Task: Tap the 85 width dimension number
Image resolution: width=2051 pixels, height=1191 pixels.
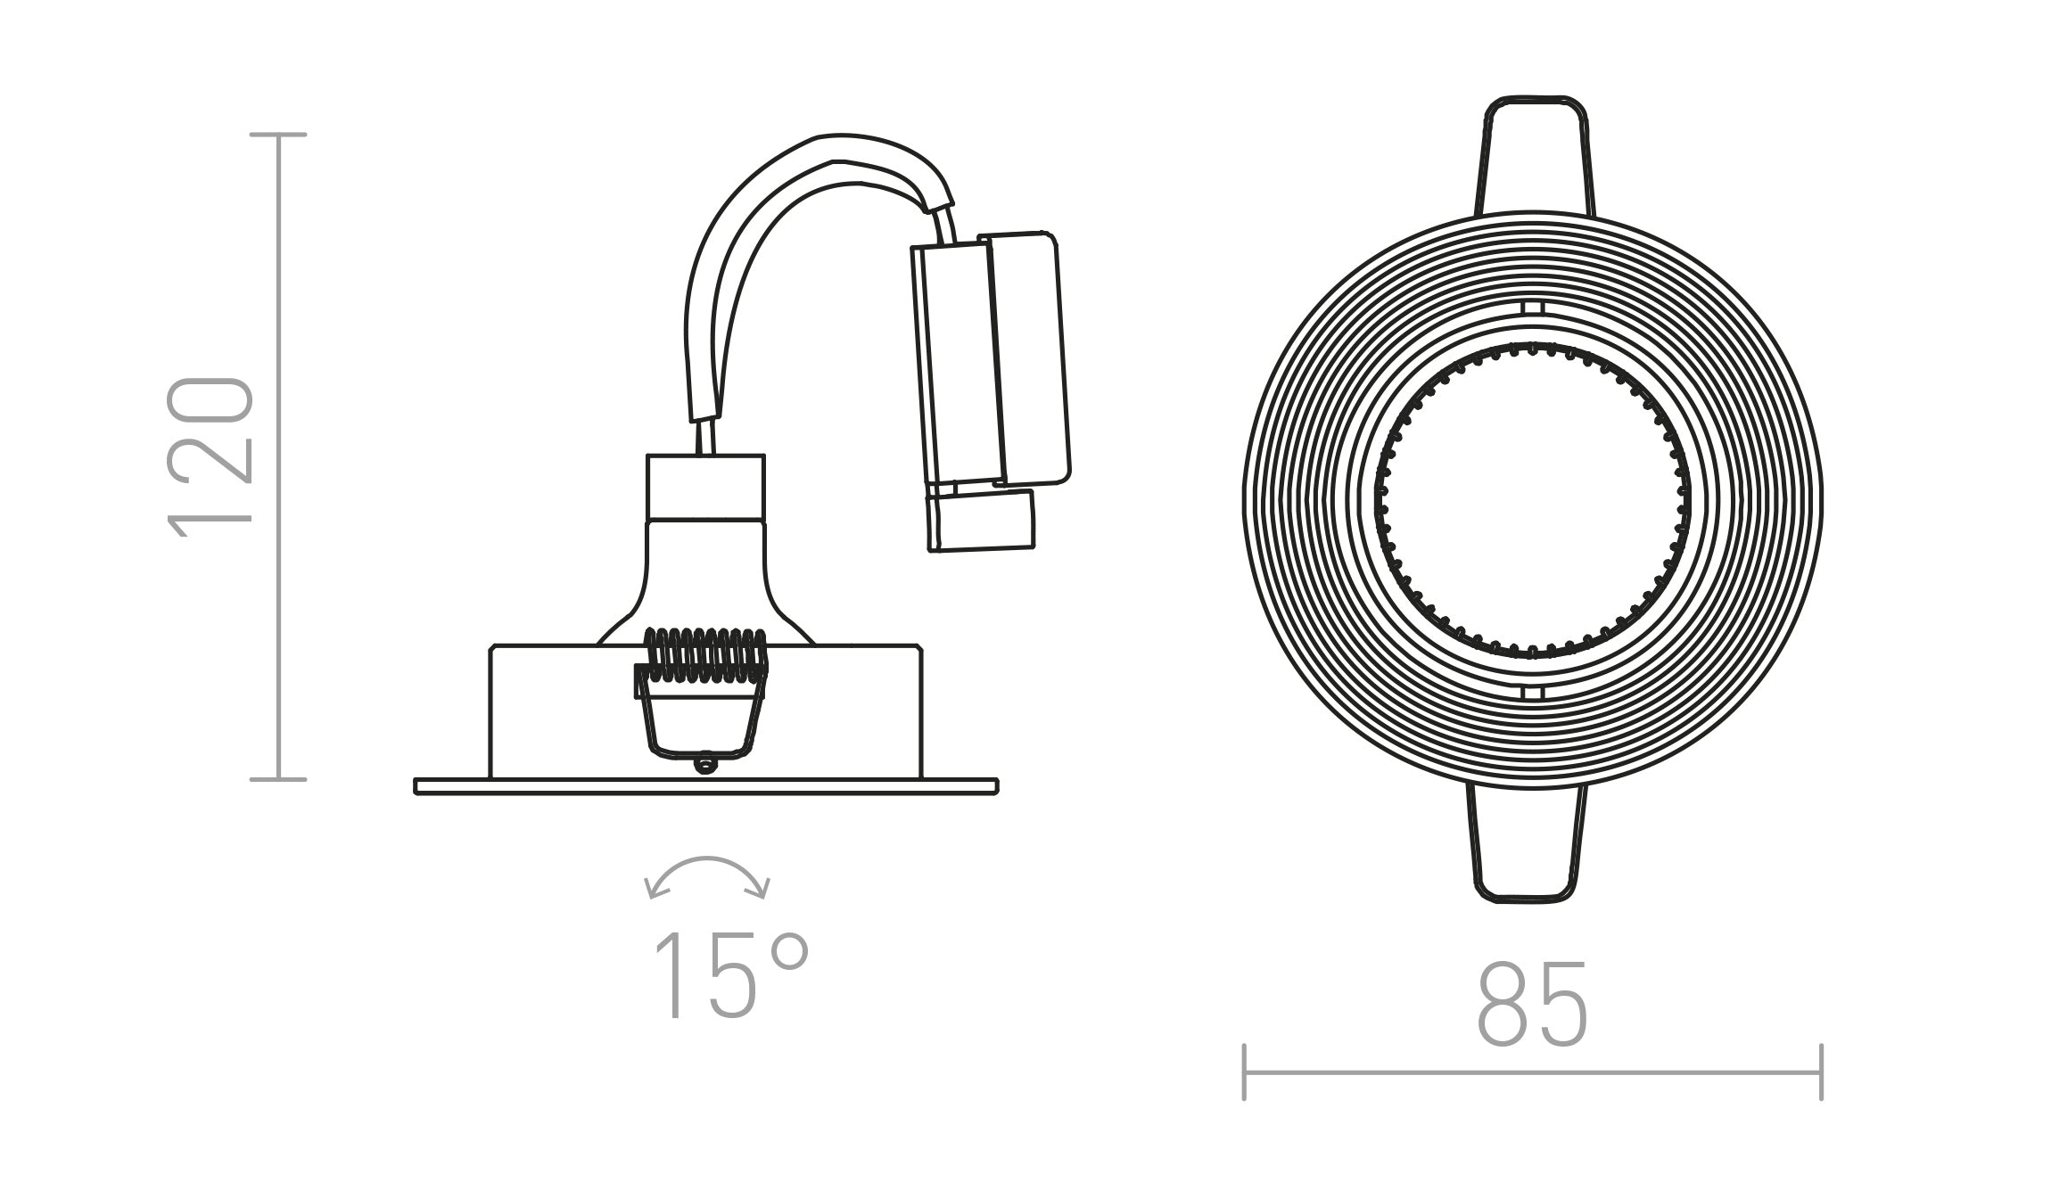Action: tap(1532, 1005)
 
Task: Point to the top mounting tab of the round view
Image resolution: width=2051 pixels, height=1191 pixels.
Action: tap(1535, 156)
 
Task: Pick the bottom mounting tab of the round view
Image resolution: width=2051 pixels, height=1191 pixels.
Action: tap(1527, 842)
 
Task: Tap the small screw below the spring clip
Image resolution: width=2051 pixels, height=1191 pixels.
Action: tap(706, 764)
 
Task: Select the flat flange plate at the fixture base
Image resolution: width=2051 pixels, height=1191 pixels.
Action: tap(705, 785)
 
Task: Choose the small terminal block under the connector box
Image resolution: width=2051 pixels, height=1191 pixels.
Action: tap(981, 521)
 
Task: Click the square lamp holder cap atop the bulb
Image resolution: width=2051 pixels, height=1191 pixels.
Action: tap(705, 487)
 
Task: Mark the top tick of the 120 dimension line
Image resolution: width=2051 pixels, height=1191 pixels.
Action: tap(278, 135)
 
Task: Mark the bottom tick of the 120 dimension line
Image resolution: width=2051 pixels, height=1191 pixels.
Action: tap(278, 779)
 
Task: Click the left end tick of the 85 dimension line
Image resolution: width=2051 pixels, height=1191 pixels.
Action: tap(1244, 1072)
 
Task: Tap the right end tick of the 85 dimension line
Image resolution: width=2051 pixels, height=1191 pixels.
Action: tap(1821, 1072)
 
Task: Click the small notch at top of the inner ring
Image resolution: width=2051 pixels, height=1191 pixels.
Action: tap(1532, 308)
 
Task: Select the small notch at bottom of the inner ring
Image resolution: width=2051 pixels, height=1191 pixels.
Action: tap(1532, 692)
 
